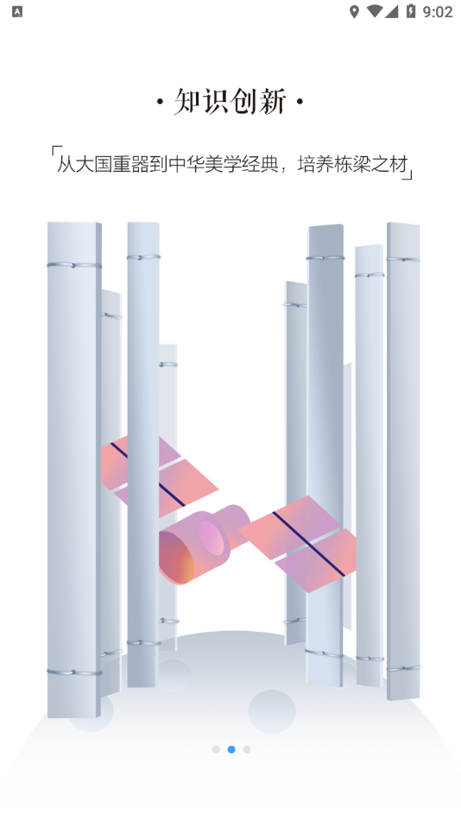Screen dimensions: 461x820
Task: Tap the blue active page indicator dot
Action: tap(231, 749)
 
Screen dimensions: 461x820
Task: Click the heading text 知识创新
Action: tap(230, 102)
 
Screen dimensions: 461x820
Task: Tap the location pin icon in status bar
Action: tap(354, 11)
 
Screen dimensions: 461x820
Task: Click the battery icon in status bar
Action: tap(411, 11)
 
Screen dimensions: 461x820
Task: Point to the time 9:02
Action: tap(438, 11)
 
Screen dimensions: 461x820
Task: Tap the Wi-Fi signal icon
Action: tap(374, 11)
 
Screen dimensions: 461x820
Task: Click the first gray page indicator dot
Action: tap(216, 749)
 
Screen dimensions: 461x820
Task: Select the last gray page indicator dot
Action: tap(246, 749)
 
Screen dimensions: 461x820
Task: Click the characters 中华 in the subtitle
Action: tap(186, 165)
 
